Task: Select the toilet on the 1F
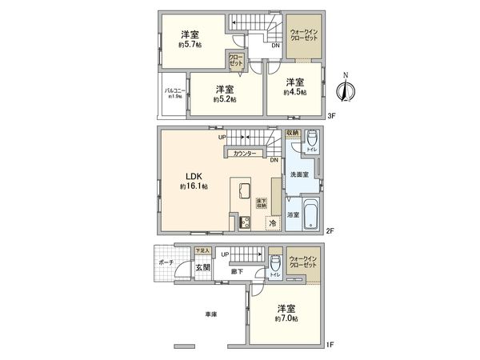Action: pyautogui.click(x=274, y=263)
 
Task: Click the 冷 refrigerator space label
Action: pyautogui.click(x=273, y=223)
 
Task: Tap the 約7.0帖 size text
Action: pyautogui.click(x=288, y=318)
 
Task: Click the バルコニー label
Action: pyautogui.click(x=175, y=91)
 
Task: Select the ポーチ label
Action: pyautogui.click(x=166, y=262)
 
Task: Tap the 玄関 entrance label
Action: pyautogui.click(x=202, y=267)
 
